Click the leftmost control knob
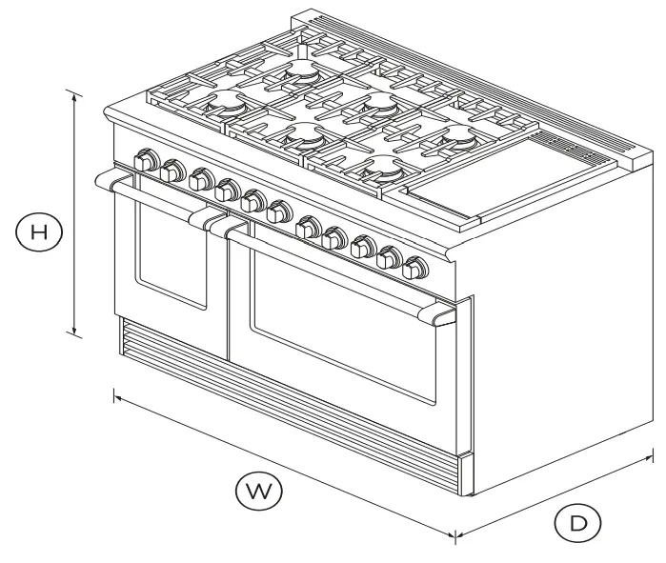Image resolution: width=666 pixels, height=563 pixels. pos(146,162)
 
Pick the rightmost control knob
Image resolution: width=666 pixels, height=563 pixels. pos(414,269)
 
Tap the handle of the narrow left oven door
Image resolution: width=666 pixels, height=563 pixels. pos(152,197)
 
